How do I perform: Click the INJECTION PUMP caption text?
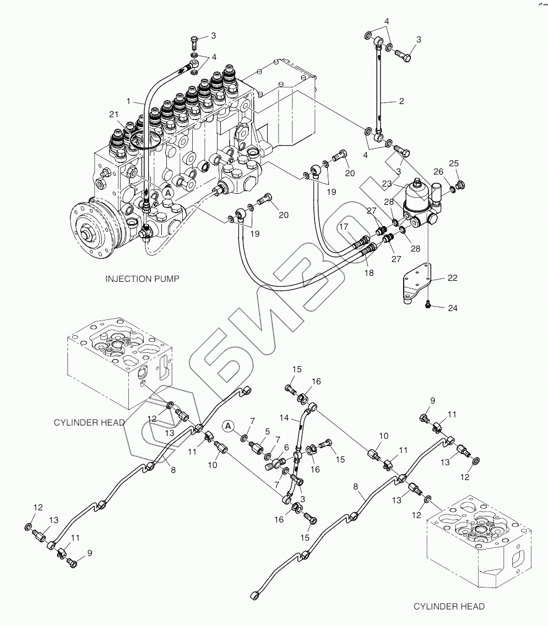coord(142,279)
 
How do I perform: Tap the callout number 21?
coord(114,115)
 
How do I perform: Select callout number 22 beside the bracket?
coord(452,277)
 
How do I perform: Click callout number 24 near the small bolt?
coord(452,308)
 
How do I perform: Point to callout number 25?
coord(454,164)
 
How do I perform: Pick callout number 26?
coord(438,171)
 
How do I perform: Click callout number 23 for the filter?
coord(387,184)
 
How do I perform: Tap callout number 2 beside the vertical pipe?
coord(401,101)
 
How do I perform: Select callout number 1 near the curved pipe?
coord(128,101)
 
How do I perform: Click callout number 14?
coord(284,417)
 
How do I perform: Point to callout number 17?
coord(344,227)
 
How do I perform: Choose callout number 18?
coord(368,273)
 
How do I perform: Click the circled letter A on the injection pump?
coord(168,193)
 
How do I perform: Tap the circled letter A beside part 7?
coord(228,426)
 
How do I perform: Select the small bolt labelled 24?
coord(428,305)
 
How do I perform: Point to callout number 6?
coord(286,448)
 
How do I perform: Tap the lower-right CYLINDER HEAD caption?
coord(449,606)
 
